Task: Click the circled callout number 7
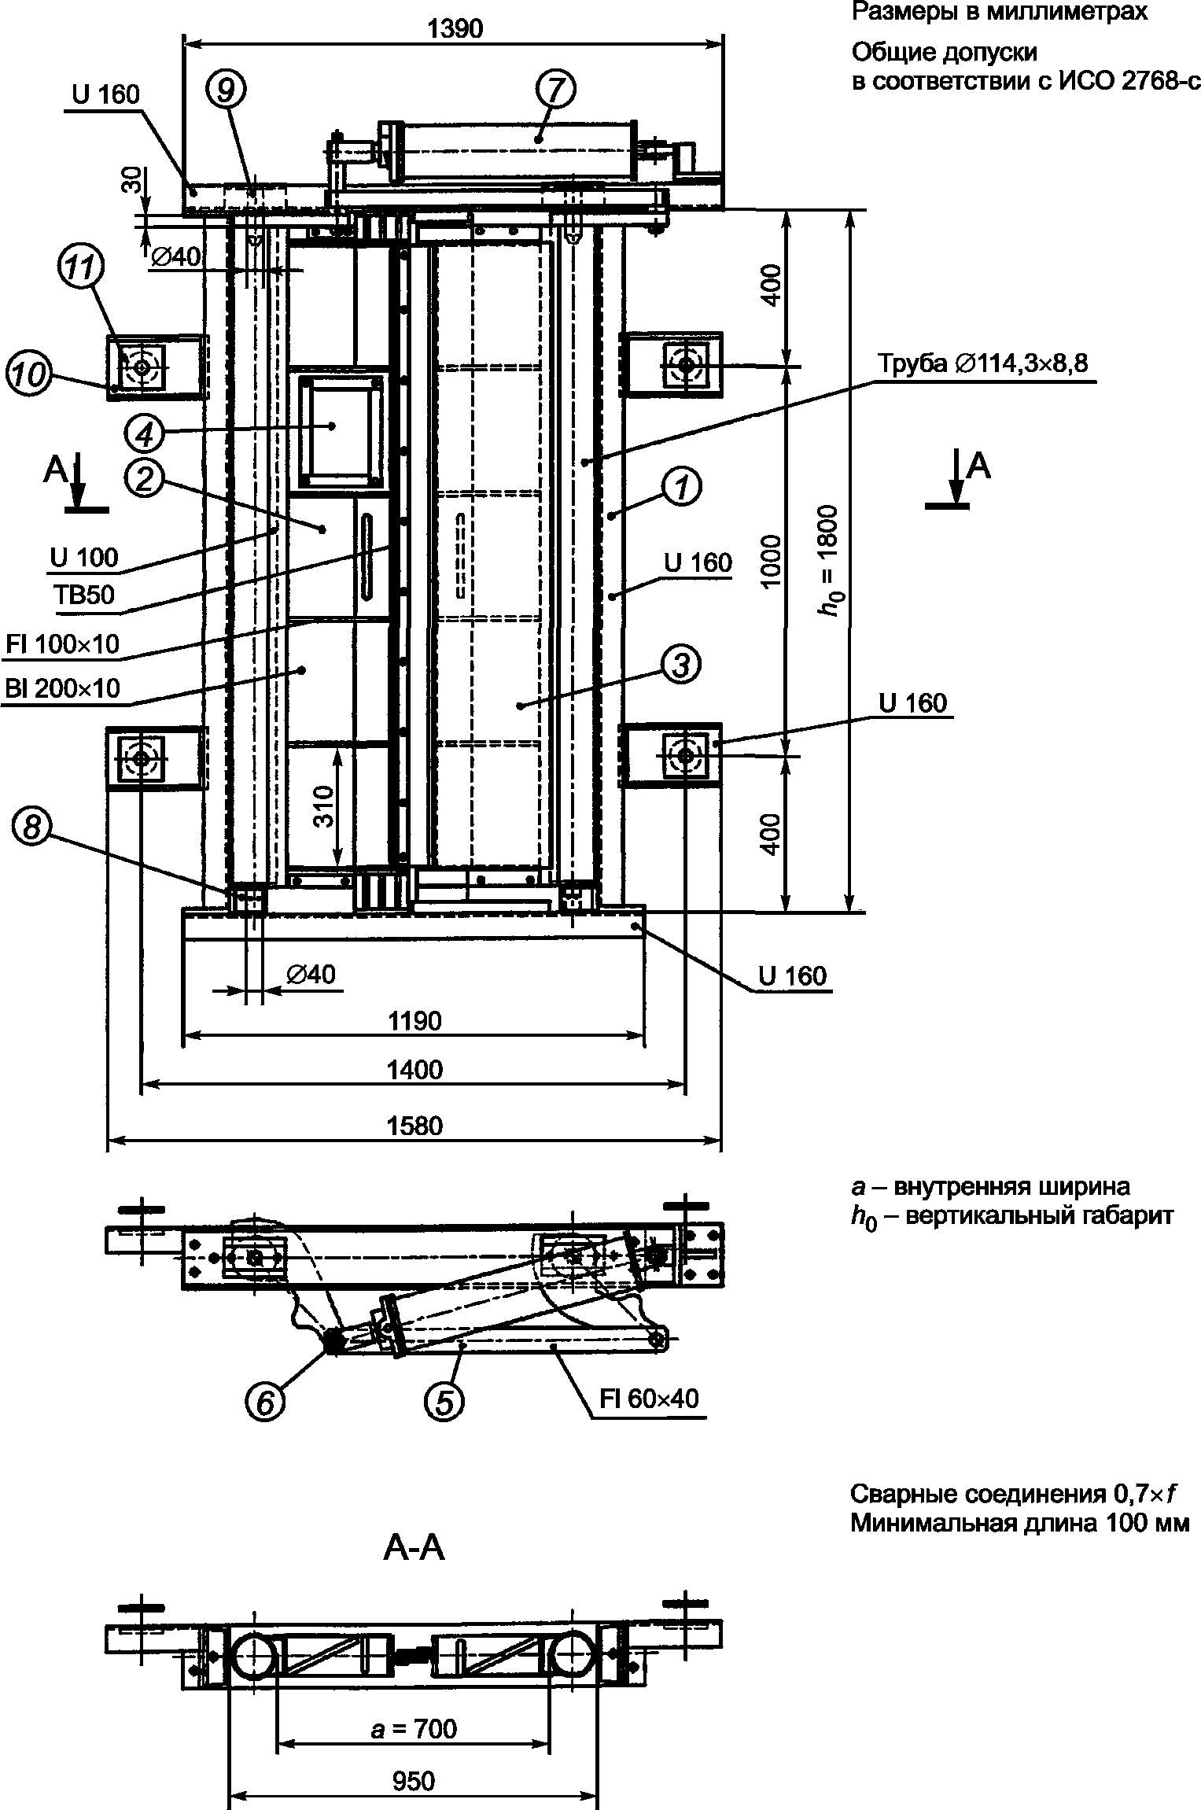point(555,91)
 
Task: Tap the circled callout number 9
point(226,91)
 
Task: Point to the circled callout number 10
point(27,374)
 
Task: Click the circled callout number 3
point(680,665)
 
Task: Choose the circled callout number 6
point(265,1402)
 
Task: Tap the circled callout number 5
point(444,1402)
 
